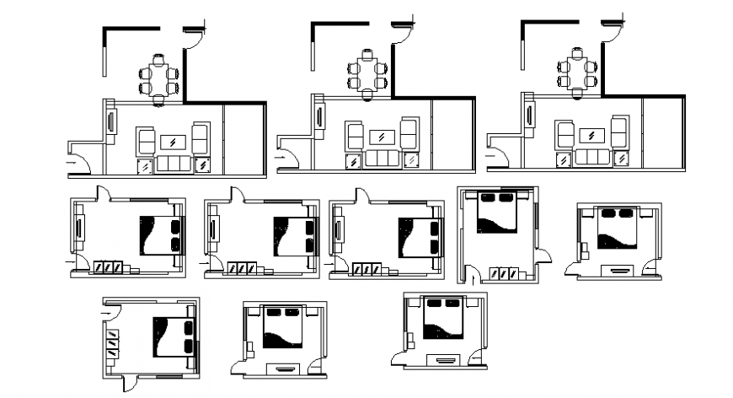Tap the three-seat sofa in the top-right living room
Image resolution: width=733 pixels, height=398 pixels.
pyautogui.click(x=592, y=159)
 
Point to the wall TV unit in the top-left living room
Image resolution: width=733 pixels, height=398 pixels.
pyautogui.click(x=111, y=121)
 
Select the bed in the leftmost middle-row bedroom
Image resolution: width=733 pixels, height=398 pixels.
pyautogui.click(x=159, y=234)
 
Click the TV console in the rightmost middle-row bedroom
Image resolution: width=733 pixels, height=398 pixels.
pyautogui.click(x=621, y=269)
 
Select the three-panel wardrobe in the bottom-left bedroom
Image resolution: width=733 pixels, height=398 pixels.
pyautogui.click(x=113, y=343)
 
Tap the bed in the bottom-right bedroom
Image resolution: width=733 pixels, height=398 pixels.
pyautogui.click(x=444, y=319)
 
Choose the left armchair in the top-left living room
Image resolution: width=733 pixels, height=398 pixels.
pyautogui.click(x=146, y=138)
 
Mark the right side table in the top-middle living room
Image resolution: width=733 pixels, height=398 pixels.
pyautogui.click(x=411, y=159)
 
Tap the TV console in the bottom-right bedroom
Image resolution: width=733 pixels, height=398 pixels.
pyautogui.click(x=444, y=360)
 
